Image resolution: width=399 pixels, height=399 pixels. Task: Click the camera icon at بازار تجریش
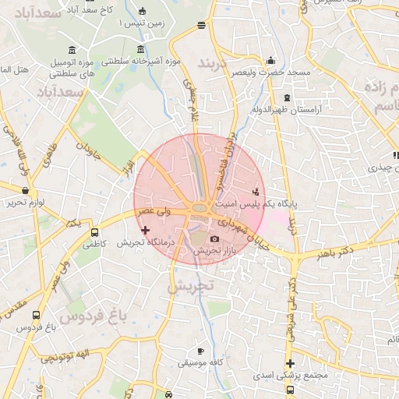pyautogui.click(x=215, y=238)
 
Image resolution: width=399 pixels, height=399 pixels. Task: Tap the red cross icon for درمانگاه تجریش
pyautogui.click(x=145, y=230)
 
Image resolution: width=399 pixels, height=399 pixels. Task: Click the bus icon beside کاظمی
pyautogui.click(x=95, y=232)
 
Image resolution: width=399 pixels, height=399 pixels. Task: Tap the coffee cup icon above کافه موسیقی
pyautogui.click(x=201, y=351)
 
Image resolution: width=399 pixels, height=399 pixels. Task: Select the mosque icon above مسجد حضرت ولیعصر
pyautogui.click(x=270, y=60)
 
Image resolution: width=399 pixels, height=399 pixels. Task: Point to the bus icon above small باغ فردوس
pyautogui.click(x=36, y=316)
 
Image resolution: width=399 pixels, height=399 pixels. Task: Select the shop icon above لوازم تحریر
pyautogui.click(x=26, y=190)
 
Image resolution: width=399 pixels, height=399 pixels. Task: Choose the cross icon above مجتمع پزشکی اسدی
pyautogui.click(x=291, y=364)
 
